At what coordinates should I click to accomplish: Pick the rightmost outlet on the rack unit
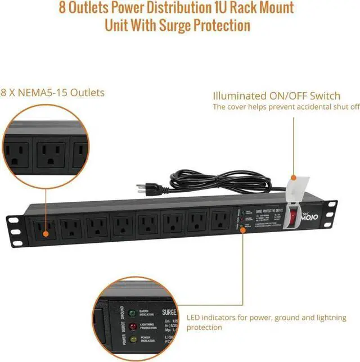[x=218, y=219]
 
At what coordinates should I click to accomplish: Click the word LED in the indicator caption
[x=195, y=318]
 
